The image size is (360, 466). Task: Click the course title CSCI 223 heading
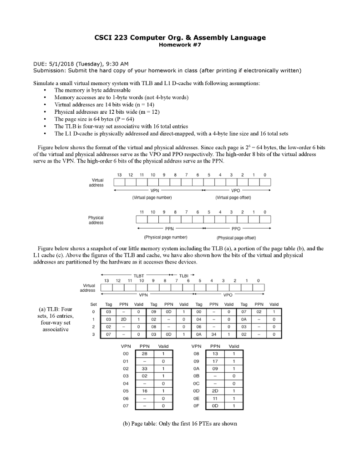pyautogui.click(x=180, y=37)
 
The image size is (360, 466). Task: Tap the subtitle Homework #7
pyautogui.click(x=180, y=45)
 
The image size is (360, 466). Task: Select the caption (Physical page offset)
pyautogui.click(x=236, y=238)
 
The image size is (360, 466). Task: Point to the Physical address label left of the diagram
pyautogui.click(x=96, y=220)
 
